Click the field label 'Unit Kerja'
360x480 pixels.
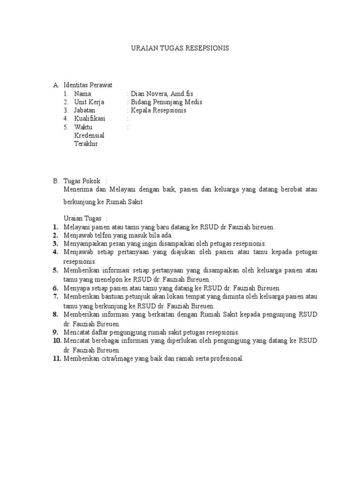tap(89, 102)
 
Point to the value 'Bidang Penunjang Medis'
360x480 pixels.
tap(166, 102)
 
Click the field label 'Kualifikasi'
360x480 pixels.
tap(90, 119)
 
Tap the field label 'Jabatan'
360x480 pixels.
tap(84, 110)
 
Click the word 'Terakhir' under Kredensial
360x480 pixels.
tap(86, 144)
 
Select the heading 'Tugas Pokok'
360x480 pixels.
tap(82, 180)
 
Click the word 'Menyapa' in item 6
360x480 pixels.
tap(75, 288)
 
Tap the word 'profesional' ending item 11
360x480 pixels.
tap(227, 359)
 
